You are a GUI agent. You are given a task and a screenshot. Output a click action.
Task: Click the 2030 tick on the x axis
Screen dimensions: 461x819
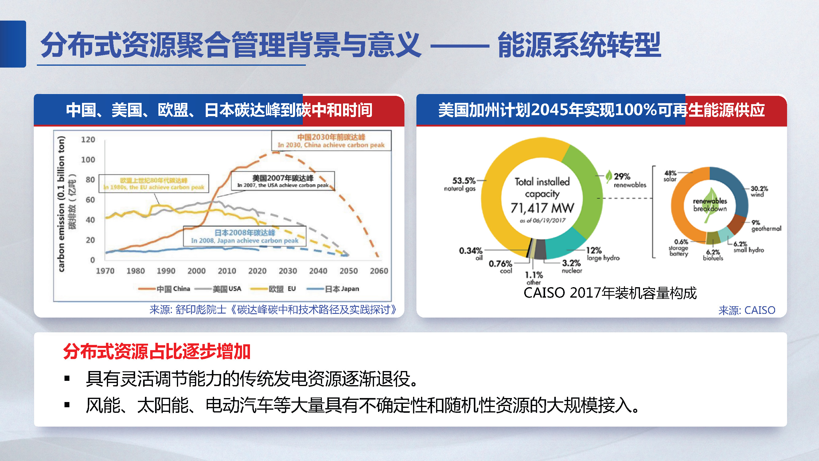click(287, 271)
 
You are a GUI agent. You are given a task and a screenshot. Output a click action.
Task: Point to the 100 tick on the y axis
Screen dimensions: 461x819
click(88, 160)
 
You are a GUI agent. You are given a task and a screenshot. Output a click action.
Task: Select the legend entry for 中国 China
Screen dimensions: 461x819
click(164, 289)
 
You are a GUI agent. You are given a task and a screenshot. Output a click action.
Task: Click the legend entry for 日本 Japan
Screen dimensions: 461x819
click(333, 289)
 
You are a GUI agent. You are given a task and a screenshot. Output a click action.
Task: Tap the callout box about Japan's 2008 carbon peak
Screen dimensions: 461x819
click(244, 236)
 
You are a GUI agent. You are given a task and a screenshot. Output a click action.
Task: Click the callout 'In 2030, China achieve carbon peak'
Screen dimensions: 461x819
click(331, 145)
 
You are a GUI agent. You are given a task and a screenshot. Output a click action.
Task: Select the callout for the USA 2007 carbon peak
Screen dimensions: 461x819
click(283, 181)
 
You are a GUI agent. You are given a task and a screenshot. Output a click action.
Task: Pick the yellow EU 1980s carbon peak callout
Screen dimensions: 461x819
click(154, 184)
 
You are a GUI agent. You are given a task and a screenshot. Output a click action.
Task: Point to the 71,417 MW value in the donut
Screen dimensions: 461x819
click(542, 208)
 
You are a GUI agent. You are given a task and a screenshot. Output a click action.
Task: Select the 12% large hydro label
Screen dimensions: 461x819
click(603, 253)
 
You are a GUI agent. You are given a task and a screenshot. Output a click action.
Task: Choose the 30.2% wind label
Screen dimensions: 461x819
click(759, 191)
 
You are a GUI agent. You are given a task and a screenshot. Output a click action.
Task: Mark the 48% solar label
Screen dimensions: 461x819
click(670, 176)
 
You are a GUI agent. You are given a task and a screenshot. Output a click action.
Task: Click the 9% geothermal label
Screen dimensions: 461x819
click(766, 225)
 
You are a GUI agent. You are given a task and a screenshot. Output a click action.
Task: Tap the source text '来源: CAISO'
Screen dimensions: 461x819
click(747, 310)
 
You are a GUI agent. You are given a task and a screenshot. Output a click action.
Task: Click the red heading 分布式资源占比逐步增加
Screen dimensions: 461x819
click(157, 352)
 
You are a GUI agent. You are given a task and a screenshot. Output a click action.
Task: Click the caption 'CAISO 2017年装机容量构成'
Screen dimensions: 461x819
click(610, 293)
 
